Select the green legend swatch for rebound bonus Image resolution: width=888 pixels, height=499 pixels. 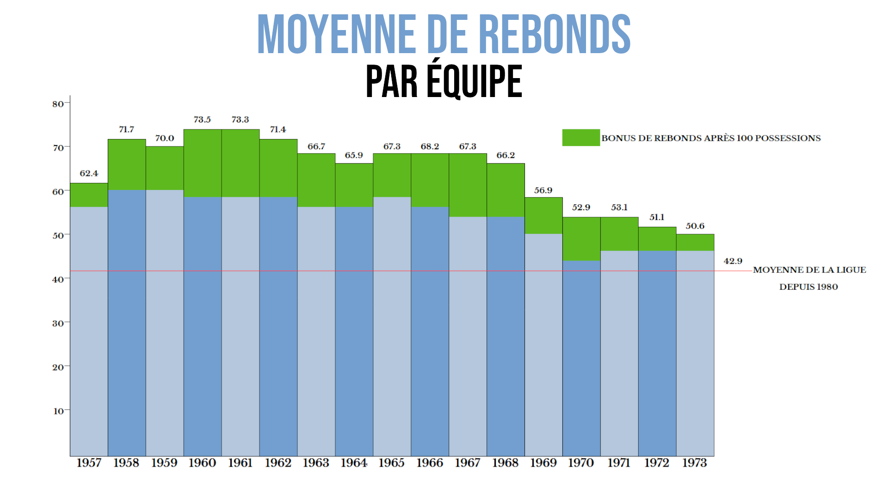(581, 138)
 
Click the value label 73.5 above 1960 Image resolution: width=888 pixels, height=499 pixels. (202, 120)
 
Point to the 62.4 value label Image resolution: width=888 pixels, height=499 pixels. (89, 173)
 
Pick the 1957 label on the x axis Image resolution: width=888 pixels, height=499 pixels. (89, 463)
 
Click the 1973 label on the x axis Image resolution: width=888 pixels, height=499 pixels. (695, 463)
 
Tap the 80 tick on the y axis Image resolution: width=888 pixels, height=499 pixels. (58, 104)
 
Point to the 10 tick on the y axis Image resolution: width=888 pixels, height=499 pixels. (58, 411)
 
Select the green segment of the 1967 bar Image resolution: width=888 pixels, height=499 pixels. (468, 185)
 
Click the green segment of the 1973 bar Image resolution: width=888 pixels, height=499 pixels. (695, 243)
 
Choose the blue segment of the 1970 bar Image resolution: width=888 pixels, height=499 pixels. (581, 358)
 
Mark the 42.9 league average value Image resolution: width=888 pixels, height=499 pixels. (733, 261)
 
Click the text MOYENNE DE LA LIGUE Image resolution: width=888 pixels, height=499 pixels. (809, 270)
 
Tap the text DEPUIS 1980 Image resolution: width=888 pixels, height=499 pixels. (808, 287)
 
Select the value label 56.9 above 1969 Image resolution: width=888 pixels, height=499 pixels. (543, 190)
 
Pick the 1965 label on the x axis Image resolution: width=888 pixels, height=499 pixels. (391, 463)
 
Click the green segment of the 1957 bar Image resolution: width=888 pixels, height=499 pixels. (89, 195)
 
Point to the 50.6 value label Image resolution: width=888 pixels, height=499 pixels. (695, 226)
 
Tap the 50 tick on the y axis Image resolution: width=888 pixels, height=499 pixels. (58, 236)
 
